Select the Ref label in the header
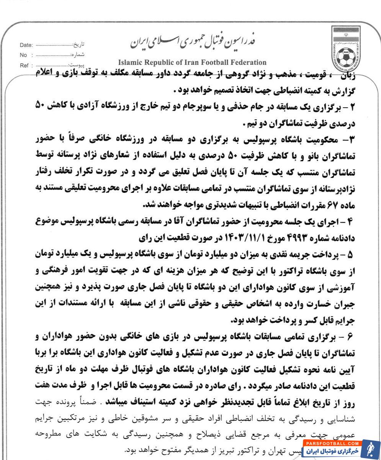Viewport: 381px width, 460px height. click(x=23, y=65)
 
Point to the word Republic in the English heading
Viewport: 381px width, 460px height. click(x=154, y=62)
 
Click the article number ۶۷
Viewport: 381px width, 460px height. click(x=330, y=205)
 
